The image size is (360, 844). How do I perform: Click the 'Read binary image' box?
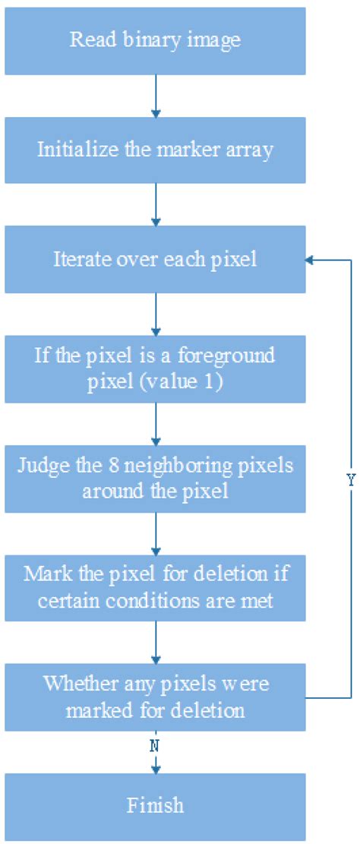point(155,41)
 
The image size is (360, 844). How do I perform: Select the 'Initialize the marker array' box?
point(155,150)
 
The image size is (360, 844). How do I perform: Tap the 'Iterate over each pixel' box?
point(155,259)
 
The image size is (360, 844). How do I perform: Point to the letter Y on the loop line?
point(351,482)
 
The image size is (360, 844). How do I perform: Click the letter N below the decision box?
point(155,746)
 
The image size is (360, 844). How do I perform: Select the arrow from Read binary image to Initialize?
point(155,96)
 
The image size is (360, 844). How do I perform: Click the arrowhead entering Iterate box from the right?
point(311,259)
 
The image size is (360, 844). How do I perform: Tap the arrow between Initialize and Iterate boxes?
point(155,205)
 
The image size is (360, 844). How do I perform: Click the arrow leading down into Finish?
point(155,762)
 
